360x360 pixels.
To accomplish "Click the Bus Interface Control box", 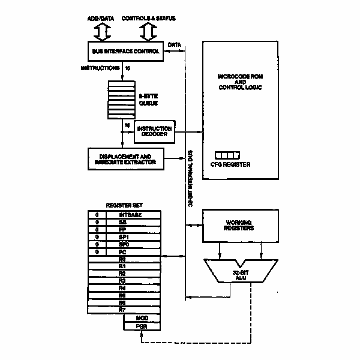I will (125, 52).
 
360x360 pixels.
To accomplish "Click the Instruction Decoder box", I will (154, 131).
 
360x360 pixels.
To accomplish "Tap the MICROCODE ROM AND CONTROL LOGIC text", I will (240, 82).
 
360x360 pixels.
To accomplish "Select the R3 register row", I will (124, 280).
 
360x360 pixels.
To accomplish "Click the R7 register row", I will (124, 310).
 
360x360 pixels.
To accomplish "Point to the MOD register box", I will (142, 317).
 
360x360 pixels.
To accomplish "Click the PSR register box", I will (142, 326).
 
